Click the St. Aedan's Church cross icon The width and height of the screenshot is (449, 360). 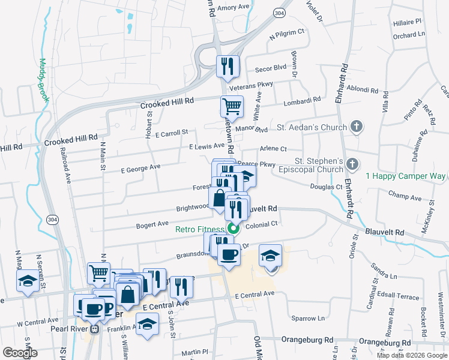(357, 127)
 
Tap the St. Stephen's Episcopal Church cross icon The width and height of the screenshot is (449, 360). (353, 163)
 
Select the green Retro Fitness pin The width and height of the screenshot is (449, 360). (234, 229)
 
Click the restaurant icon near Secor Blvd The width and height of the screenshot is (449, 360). (227, 67)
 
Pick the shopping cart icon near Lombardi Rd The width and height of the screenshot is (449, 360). (231, 107)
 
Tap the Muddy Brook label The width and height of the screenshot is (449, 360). (43, 80)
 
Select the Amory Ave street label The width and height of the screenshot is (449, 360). (234, 7)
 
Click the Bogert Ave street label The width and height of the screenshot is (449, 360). (152, 224)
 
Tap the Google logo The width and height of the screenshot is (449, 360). (20, 353)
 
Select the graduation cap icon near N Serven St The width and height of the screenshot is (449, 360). (27, 282)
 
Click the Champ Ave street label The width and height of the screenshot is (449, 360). (405, 196)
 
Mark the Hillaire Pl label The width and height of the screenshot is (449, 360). (408, 22)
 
